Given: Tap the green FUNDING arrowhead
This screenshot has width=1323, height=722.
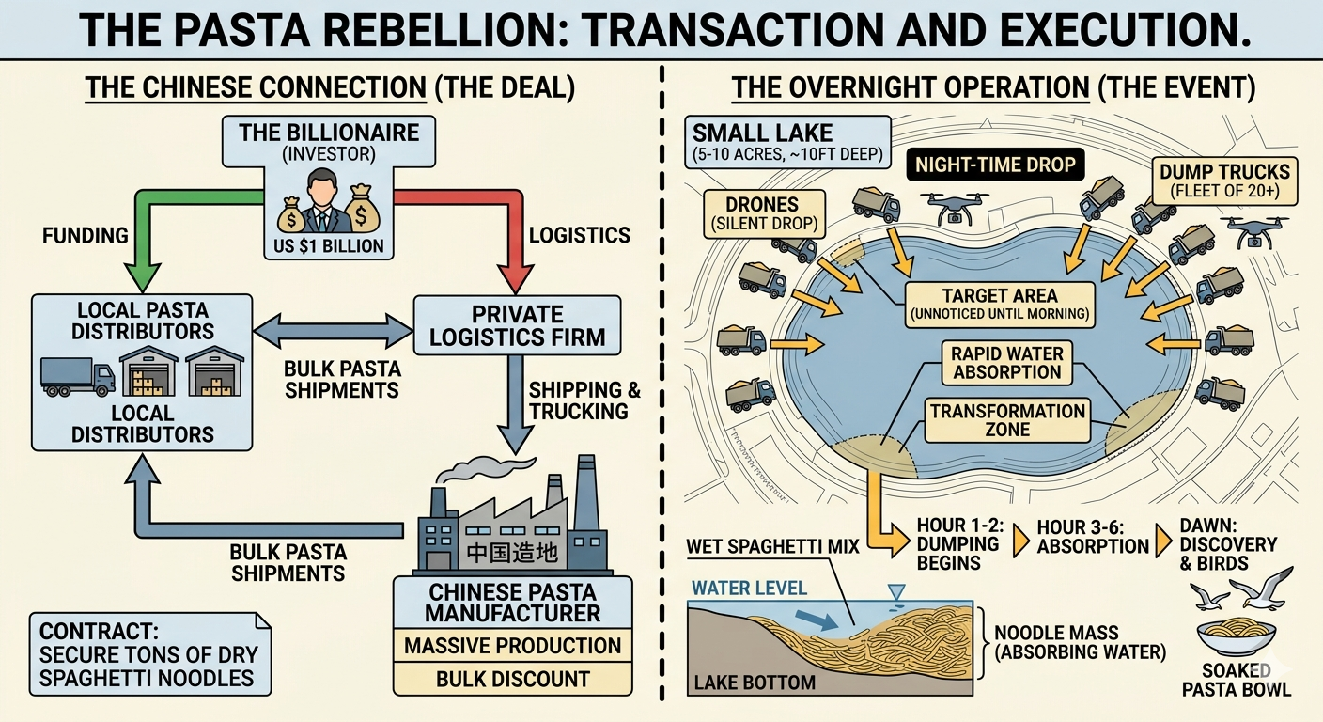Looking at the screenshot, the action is coord(142,275).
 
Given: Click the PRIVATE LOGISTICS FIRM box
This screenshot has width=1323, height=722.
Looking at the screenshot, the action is coord(518,325).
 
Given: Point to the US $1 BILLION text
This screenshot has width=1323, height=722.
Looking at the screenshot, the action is coord(328,245).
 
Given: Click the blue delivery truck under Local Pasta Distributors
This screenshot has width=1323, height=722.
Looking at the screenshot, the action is coord(77,376).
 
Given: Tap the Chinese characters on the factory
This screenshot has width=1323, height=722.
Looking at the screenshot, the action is coord(512,553).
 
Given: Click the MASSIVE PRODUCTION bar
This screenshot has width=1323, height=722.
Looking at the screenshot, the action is coord(513,646).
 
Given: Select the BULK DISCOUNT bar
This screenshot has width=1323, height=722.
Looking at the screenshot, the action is coord(513,679).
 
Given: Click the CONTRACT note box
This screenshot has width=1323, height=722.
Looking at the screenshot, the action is coord(150,654).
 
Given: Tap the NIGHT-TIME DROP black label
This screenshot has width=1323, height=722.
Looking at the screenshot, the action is coord(995,165).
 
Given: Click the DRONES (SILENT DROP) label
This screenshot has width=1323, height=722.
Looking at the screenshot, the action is coord(764,214).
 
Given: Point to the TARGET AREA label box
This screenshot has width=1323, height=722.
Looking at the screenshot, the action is coord(1000,305).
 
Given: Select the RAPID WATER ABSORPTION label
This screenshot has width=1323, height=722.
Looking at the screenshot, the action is coord(1007,363).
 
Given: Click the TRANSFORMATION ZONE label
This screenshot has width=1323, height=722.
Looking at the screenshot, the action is coord(1007,420).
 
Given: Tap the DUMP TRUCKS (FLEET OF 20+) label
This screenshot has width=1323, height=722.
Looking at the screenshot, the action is coord(1225,180).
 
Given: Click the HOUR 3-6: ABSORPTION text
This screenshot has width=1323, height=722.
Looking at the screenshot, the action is coord(1093,537).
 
